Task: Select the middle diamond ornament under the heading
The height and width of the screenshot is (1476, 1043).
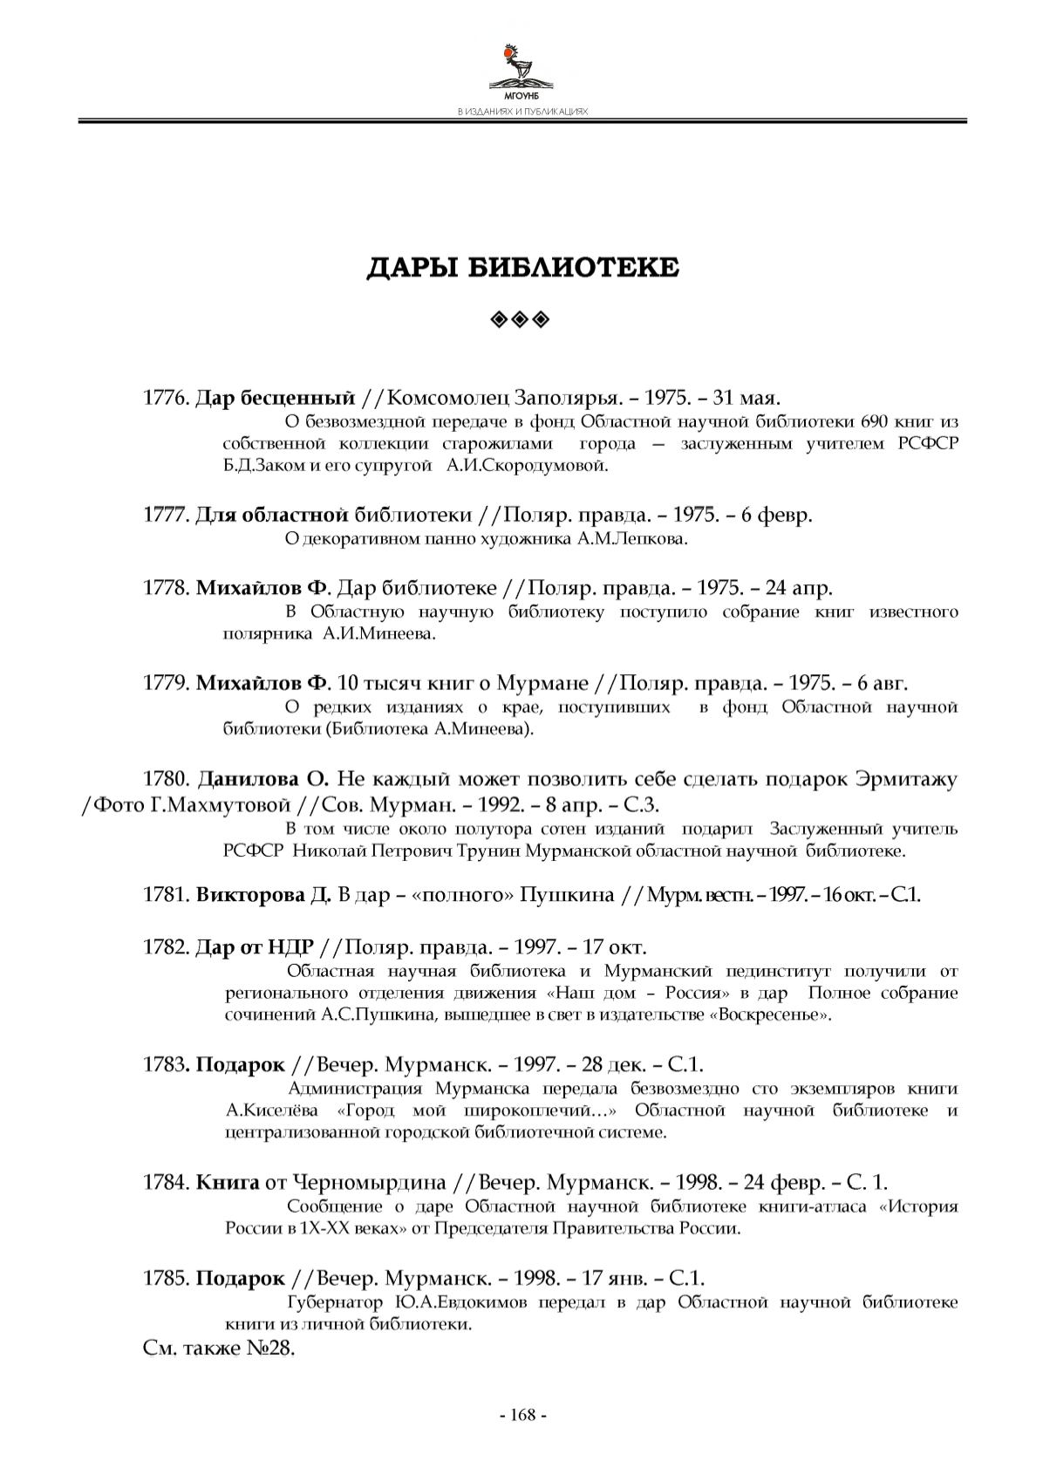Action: tap(521, 320)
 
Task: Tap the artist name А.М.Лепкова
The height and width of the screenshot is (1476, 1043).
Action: tap(632, 538)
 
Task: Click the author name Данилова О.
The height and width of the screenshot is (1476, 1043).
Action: tap(262, 778)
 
